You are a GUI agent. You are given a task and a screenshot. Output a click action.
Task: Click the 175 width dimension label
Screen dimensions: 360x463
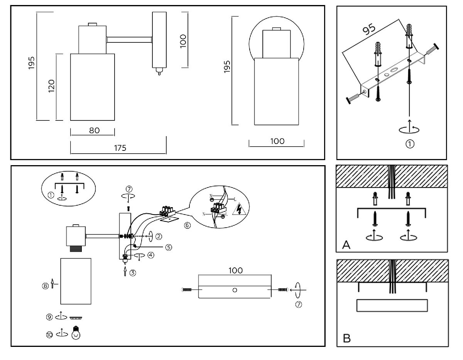tap(120, 148)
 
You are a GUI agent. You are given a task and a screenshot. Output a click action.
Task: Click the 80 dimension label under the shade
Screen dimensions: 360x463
tap(94, 130)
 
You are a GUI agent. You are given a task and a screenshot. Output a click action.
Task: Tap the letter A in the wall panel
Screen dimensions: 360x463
tap(346, 245)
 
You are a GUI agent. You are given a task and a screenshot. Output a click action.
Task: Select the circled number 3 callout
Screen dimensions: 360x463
tap(132, 272)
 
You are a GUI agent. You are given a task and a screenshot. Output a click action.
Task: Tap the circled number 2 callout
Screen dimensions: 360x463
tap(158, 236)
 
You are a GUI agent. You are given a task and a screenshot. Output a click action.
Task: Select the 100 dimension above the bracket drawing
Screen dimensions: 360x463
tap(235, 270)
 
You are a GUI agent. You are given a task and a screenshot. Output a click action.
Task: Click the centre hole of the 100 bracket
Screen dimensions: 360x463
tap(235, 290)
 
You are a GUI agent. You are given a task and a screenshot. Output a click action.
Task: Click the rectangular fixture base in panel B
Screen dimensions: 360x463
tap(392, 305)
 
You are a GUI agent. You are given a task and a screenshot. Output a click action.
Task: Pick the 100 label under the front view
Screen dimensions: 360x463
tap(277, 141)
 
